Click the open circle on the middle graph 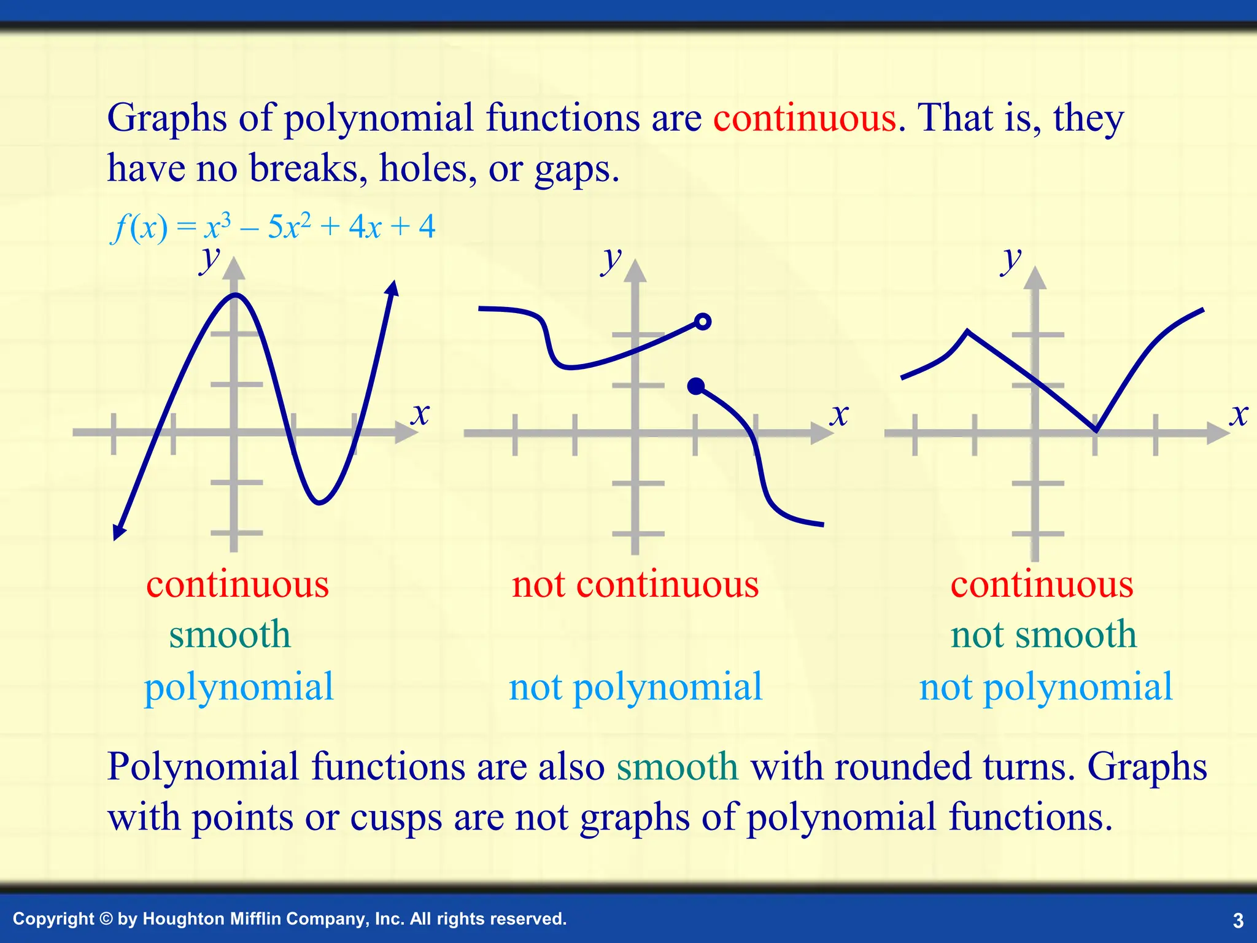click(703, 321)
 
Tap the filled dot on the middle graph click(696, 386)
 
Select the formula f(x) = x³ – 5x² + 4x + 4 click(273, 227)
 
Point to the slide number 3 click(1238, 920)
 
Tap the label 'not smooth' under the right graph click(1043, 634)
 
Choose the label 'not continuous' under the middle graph click(635, 584)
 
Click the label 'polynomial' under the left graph click(239, 686)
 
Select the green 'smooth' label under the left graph click(230, 634)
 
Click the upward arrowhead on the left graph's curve click(393, 287)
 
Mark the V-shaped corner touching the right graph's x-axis click(1096, 430)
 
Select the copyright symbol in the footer click(106, 919)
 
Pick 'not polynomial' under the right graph click(1046, 686)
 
